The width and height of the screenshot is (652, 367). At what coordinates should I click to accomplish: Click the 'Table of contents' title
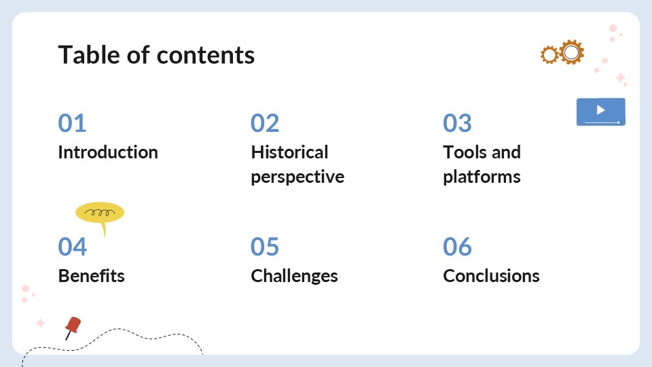(156, 55)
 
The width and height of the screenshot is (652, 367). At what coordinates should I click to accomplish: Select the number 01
(72, 123)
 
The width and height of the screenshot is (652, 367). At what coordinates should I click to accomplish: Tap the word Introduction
(108, 152)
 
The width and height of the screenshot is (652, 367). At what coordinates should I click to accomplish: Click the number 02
(265, 123)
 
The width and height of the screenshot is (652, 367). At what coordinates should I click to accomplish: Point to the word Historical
(289, 152)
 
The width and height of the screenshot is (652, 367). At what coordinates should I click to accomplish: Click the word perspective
(297, 177)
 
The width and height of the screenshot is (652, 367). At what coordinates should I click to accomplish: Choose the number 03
(457, 123)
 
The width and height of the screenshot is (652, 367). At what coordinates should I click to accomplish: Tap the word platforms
(482, 177)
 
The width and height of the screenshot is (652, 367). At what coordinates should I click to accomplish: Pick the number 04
(73, 247)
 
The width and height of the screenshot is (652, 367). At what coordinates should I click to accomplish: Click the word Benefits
(91, 276)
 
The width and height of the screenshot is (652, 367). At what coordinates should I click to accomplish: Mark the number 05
(265, 247)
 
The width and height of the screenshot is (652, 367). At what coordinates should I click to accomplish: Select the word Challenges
(294, 276)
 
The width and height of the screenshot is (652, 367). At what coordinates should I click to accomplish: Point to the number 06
(457, 247)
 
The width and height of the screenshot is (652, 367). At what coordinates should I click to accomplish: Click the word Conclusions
(491, 276)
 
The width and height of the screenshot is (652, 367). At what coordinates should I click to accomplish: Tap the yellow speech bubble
(100, 213)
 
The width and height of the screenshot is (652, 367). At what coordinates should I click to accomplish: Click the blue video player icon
(600, 111)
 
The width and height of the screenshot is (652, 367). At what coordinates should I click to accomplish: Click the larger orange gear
(572, 52)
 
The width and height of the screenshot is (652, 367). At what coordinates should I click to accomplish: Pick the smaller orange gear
(549, 55)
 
